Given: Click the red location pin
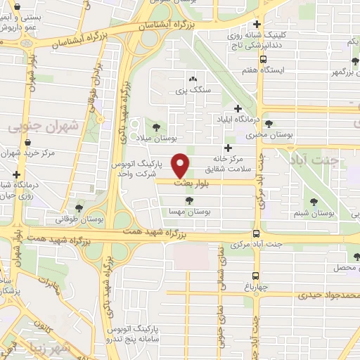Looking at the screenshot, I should (181, 165).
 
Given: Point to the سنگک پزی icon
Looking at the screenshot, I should (192, 79).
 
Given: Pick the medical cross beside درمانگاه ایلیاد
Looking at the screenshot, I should (238, 108).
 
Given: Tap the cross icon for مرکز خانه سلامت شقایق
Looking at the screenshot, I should (227, 148).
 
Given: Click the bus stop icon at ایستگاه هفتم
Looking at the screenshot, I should (263, 60).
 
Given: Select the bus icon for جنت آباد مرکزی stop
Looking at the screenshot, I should (255, 235).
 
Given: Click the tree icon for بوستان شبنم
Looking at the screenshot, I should (314, 202).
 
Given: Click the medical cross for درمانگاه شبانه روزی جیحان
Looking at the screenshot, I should (15, 174).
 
